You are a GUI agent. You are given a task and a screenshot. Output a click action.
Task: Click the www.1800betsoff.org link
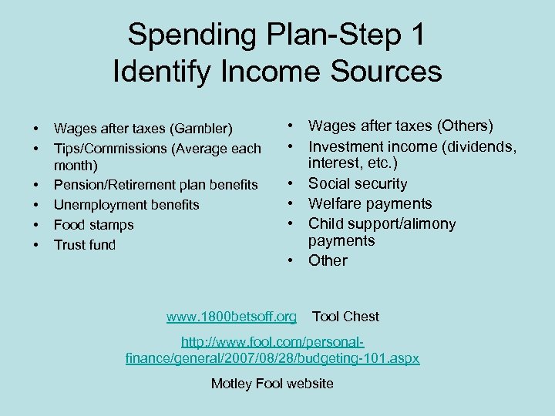(x=231, y=317)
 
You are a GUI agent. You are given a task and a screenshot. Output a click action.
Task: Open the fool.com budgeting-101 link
(x=272, y=350)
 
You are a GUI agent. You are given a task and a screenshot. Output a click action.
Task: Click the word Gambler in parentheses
(x=203, y=128)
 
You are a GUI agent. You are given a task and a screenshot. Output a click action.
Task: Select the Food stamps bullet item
(x=93, y=225)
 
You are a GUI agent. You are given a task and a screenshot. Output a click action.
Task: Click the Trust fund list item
(x=85, y=245)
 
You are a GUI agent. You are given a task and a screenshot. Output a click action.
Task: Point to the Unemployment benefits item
(x=126, y=205)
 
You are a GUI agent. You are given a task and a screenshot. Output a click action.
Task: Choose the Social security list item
(x=358, y=183)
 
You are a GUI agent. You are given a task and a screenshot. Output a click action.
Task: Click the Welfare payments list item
(x=370, y=203)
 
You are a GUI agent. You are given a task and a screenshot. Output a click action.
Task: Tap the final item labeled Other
(x=328, y=260)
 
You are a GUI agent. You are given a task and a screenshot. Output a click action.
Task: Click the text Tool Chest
(x=345, y=317)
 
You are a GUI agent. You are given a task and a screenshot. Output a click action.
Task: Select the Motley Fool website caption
(x=272, y=384)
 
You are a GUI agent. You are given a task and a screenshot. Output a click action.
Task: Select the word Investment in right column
(x=346, y=146)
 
